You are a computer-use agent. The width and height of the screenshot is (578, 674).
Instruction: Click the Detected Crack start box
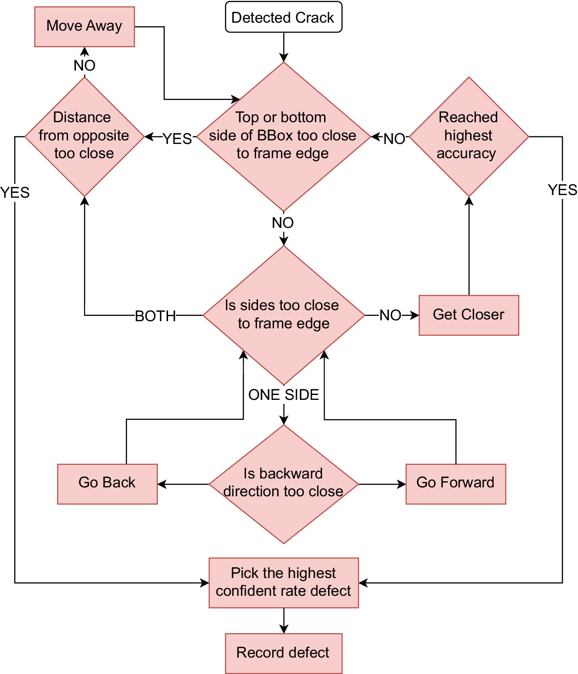point(283,17)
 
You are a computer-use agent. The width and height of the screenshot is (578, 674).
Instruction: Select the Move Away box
point(84,27)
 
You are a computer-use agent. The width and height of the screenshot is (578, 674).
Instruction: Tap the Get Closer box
point(469,315)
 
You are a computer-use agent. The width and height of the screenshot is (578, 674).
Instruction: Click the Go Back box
point(107,483)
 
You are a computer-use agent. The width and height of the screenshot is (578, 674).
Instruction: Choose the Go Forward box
point(455,483)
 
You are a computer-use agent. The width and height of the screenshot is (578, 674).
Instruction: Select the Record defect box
point(283,653)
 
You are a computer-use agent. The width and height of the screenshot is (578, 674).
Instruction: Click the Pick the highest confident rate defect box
point(283,582)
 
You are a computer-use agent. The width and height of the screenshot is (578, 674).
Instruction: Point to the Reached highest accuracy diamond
point(469,136)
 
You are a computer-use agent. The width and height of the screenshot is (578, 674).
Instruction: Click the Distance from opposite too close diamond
point(84,136)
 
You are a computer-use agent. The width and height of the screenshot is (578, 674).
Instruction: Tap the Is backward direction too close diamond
point(283,484)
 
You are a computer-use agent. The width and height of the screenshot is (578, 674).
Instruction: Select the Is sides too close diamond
point(283,315)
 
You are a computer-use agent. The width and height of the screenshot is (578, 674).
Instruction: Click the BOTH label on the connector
point(155,316)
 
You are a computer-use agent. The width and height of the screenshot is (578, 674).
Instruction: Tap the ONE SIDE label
point(283,395)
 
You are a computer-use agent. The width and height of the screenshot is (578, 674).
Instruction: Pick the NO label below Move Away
point(84,65)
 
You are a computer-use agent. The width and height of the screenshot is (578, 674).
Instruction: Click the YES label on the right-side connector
point(562,190)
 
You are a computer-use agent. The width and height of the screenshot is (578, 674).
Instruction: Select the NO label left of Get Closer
point(390,315)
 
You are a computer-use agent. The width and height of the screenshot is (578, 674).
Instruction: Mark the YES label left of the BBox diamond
point(177,139)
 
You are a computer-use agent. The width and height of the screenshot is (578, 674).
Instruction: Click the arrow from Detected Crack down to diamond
point(283,47)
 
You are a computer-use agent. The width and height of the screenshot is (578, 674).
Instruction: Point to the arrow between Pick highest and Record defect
point(283,621)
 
